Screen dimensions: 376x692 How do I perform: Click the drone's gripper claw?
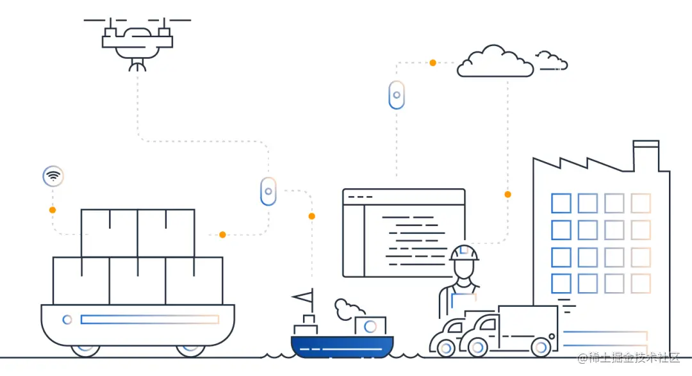click(x=137, y=64)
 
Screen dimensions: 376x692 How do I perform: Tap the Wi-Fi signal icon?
click(x=53, y=176)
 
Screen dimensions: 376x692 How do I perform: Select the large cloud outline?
click(x=495, y=63)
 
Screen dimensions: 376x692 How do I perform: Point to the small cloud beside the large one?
click(x=551, y=61)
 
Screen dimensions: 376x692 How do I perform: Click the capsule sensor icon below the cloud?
click(x=397, y=95)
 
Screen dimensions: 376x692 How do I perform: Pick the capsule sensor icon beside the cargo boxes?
click(x=268, y=191)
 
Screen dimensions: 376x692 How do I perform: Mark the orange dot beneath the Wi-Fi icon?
click(x=53, y=209)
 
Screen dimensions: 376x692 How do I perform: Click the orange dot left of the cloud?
click(x=432, y=63)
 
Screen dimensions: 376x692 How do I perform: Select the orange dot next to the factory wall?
click(x=507, y=194)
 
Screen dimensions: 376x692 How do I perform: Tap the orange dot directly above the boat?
click(x=311, y=216)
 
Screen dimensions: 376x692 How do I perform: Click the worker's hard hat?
click(x=464, y=252)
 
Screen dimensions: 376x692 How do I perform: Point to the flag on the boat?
click(x=304, y=297)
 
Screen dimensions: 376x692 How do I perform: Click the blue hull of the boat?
click(x=342, y=347)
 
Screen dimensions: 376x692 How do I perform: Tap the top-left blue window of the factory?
click(x=561, y=203)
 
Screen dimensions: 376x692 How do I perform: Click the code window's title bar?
click(x=404, y=196)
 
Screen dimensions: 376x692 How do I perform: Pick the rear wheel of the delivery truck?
click(x=541, y=347)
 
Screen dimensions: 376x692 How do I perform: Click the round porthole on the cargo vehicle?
click(x=67, y=319)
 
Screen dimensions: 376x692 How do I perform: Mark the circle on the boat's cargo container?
click(x=370, y=326)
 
